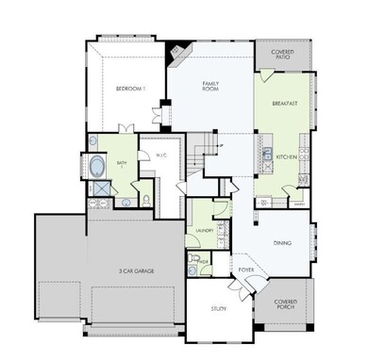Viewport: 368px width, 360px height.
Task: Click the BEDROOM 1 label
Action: pyautogui.click(x=130, y=89)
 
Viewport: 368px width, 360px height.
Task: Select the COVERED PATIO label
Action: pyautogui.click(x=283, y=54)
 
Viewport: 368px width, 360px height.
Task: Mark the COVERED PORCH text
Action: pyautogui.click(x=284, y=305)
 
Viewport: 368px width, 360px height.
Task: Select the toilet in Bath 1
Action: pyautogui.click(x=146, y=199)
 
